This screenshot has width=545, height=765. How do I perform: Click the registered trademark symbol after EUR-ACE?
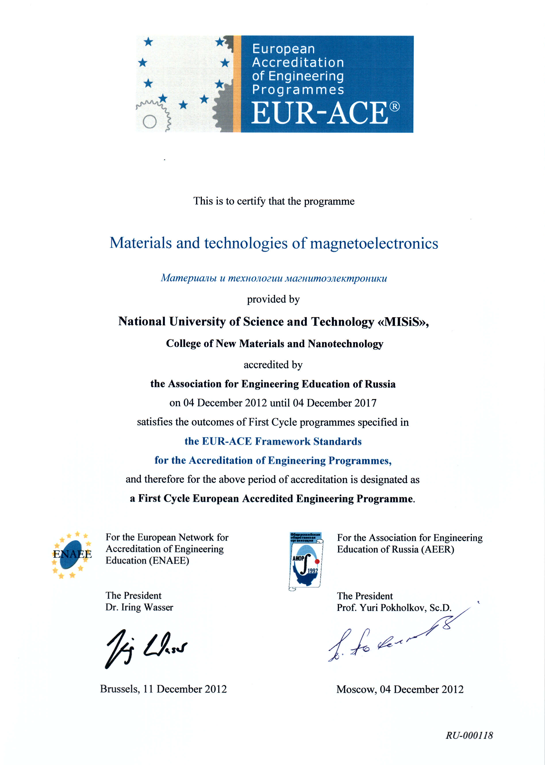[x=395, y=106]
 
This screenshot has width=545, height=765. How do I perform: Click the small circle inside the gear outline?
[x=150, y=121]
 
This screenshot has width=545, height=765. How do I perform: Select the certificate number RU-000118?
[x=469, y=735]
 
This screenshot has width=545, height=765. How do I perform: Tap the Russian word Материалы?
[x=189, y=278]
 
